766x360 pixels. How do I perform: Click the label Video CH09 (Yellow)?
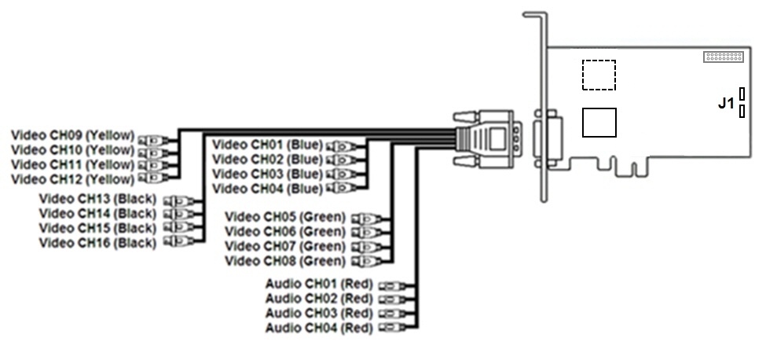[72, 134]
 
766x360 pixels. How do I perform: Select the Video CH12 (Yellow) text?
[72, 180]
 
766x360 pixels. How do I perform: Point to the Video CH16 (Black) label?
[97, 243]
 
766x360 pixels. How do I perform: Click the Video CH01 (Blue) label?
[267, 145]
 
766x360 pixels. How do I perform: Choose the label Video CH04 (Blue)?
[267, 189]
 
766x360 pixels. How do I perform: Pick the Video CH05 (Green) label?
[284, 216]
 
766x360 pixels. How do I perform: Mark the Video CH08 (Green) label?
[284, 261]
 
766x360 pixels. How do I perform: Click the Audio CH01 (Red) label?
[318, 285]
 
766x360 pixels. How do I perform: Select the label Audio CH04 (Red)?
[318, 328]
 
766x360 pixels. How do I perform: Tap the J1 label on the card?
[726, 103]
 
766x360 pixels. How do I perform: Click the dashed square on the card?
[599, 75]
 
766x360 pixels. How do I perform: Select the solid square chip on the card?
[599, 123]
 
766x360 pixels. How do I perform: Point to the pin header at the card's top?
[724, 57]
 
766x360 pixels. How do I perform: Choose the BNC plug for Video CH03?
[343, 174]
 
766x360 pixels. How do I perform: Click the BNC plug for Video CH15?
[180, 229]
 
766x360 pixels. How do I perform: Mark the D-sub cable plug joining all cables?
[487, 141]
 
